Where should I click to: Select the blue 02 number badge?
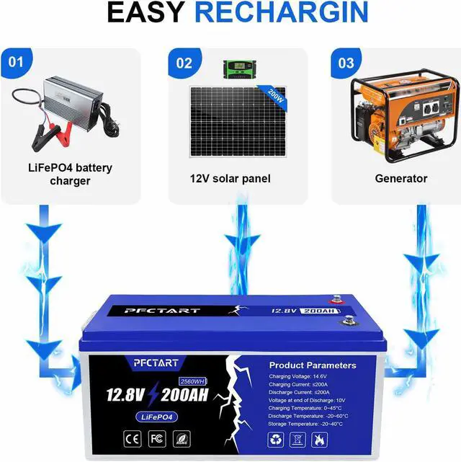(x=184, y=63)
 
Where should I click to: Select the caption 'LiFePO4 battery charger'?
(x=70, y=174)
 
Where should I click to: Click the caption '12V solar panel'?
(x=230, y=178)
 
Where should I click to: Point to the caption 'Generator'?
(x=400, y=178)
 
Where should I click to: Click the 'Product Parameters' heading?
(x=313, y=365)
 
